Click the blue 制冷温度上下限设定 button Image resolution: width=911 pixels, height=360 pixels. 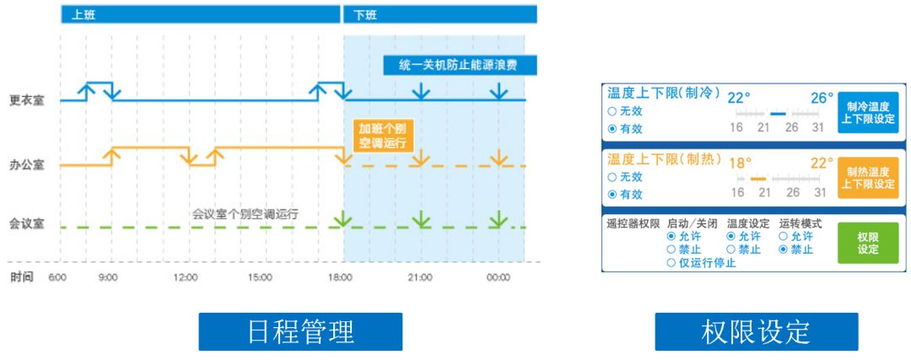(x=868, y=113)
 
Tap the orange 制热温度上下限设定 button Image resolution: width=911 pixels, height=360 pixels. (x=868, y=178)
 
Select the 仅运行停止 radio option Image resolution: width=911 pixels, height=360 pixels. (x=671, y=263)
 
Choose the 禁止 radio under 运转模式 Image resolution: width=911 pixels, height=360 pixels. (x=784, y=250)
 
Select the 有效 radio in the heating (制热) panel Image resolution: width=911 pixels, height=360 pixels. (x=612, y=194)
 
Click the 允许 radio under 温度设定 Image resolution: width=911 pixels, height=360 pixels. (x=730, y=237)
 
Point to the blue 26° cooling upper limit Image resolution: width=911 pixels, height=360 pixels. (x=822, y=98)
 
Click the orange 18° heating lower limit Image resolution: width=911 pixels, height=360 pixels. (x=740, y=163)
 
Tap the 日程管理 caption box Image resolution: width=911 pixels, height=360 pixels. (x=301, y=331)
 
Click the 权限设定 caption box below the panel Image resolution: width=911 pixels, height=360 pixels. (x=756, y=331)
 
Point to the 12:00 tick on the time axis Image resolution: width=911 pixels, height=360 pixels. (x=186, y=277)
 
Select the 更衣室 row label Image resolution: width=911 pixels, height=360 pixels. (x=27, y=99)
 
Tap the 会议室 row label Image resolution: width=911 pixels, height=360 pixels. (x=27, y=227)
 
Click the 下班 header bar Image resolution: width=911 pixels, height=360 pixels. (x=439, y=14)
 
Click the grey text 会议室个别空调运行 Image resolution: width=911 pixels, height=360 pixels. (x=245, y=214)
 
